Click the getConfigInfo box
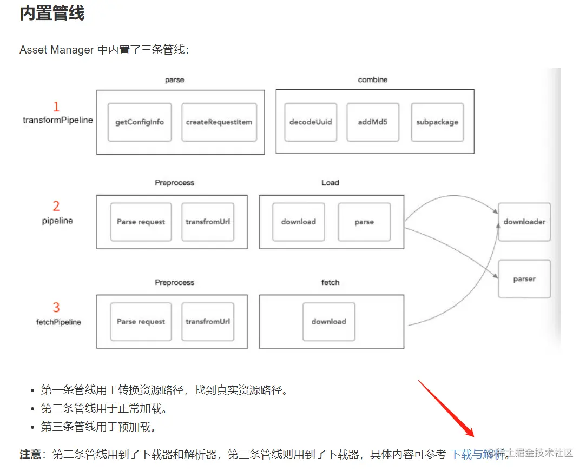(140, 122)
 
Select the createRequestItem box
(219, 122)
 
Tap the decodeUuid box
(311, 122)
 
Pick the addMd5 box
(373, 122)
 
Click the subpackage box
(437, 122)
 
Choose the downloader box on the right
(524, 222)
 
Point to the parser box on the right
(524, 279)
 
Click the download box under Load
(298, 222)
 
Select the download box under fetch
(328, 321)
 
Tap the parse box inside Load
(364, 222)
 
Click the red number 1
(56, 107)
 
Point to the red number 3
(56, 308)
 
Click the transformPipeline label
(58, 120)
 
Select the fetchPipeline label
(58, 322)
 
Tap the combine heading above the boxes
(373, 79)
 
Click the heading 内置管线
(52, 14)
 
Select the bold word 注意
(30, 454)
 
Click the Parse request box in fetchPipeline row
(141, 321)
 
